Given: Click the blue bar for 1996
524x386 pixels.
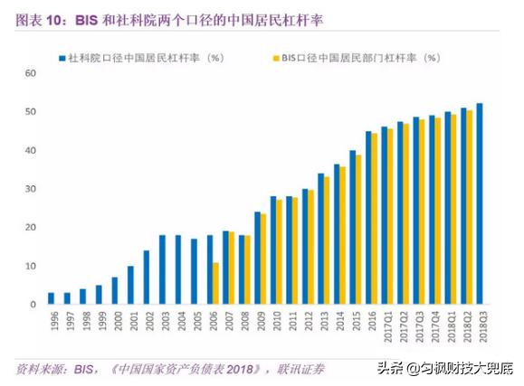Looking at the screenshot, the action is coord(51,298).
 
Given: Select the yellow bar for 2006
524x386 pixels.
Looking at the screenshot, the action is coord(216,283).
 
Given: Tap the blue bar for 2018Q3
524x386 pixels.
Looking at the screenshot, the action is coord(480,203).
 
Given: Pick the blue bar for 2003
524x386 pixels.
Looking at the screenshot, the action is coord(162,269).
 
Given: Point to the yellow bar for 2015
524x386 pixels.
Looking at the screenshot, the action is coord(358,230).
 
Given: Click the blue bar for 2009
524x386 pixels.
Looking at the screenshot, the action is coord(258,258).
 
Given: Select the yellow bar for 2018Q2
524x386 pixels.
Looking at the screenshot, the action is coord(470,207).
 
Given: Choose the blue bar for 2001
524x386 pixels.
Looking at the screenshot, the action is coord(130,285).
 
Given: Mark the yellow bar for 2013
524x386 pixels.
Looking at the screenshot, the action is coord(327,240).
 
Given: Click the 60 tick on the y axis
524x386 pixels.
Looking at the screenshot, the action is coord(31,73).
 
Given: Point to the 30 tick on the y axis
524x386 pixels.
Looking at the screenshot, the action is coord(31,189).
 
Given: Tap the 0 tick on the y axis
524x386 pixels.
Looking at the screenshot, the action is coord(33,305).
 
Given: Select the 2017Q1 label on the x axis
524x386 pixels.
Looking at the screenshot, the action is coord(388,327).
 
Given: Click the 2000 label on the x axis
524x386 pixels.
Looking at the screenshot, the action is coord(119,321).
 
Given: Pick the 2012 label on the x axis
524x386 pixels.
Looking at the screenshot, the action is coord(309,321).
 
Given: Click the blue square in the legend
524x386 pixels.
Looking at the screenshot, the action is coord(62,59).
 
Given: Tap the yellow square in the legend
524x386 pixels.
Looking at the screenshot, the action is coord(276,59).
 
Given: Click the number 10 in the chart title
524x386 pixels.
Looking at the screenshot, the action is coord(53,21).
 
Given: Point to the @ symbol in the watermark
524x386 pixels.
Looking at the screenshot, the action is coord(413,369).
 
